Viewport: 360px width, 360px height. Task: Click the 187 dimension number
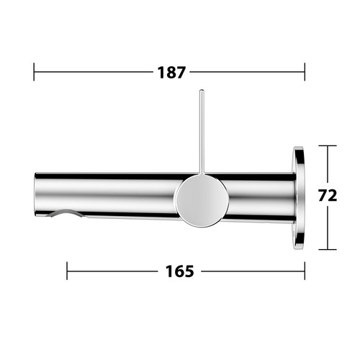tap(171, 73)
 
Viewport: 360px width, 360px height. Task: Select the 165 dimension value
tap(179, 271)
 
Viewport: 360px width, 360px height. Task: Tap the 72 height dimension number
tap(328, 196)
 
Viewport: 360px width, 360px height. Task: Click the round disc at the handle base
tap(202, 200)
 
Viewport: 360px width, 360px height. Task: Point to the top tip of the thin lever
tap(202, 90)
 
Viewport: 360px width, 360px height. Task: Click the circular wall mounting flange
tap(299, 198)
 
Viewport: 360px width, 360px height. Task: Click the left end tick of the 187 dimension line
tap(34, 72)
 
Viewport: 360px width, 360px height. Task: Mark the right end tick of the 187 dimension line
tap(305, 72)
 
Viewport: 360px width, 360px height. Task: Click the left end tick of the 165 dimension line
tap(67, 271)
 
